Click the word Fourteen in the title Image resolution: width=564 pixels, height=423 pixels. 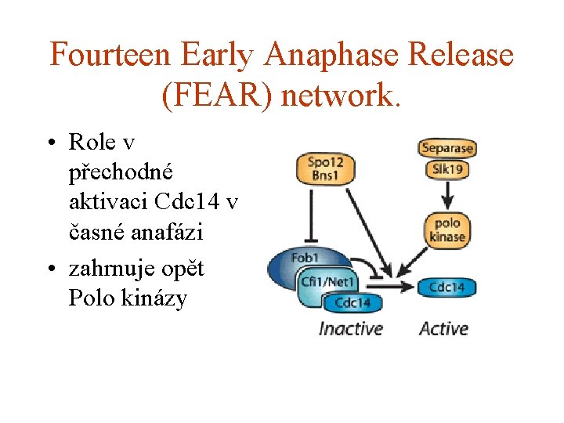(110, 56)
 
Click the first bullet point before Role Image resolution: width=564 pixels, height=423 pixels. (51, 143)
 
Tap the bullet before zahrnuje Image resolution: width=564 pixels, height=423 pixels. (51, 269)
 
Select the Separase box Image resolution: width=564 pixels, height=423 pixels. (447, 147)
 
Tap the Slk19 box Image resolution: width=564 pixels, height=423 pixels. (447, 168)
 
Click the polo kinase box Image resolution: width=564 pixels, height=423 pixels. (447, 230)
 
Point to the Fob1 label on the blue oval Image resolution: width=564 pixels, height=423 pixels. (304, 258)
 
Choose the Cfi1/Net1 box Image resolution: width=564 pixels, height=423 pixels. (327, 282)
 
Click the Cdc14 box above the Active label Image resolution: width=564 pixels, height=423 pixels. (447, 287)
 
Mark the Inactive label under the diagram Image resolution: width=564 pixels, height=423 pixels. (350, 328)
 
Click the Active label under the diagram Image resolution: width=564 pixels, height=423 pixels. (443, 328)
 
